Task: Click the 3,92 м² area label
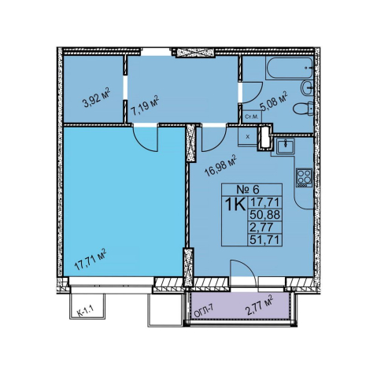coord(96,98)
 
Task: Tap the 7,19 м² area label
coord(145,105)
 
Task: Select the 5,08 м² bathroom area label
coord(274,101)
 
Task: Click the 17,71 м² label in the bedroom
coord(90,260)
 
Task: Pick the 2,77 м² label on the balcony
coord(259,305)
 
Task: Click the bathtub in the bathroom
coord(290,68)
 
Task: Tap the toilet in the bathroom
coord(303,109)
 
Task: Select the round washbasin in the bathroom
coord(307,88)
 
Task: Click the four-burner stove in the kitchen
coord(304,177)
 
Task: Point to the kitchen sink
coord(286,146)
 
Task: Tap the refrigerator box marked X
coord(248,136)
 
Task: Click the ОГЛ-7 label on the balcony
coord(204,309)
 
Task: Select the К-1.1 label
coord(85,309)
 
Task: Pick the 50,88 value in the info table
coord(265,215)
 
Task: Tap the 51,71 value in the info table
coord(264,239)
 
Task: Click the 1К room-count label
coord(235,204)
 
